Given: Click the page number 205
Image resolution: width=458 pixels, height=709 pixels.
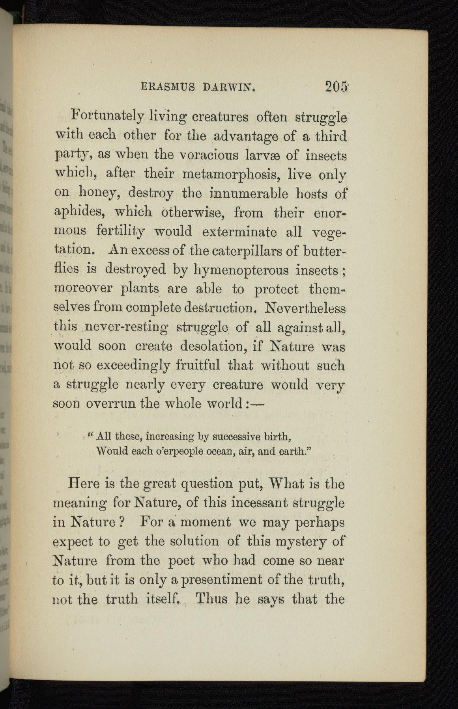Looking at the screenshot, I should coord(336,86).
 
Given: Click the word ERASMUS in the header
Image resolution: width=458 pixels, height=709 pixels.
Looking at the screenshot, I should coord(168,87).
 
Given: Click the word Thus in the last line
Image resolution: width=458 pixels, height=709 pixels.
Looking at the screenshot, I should coord(211,599).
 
